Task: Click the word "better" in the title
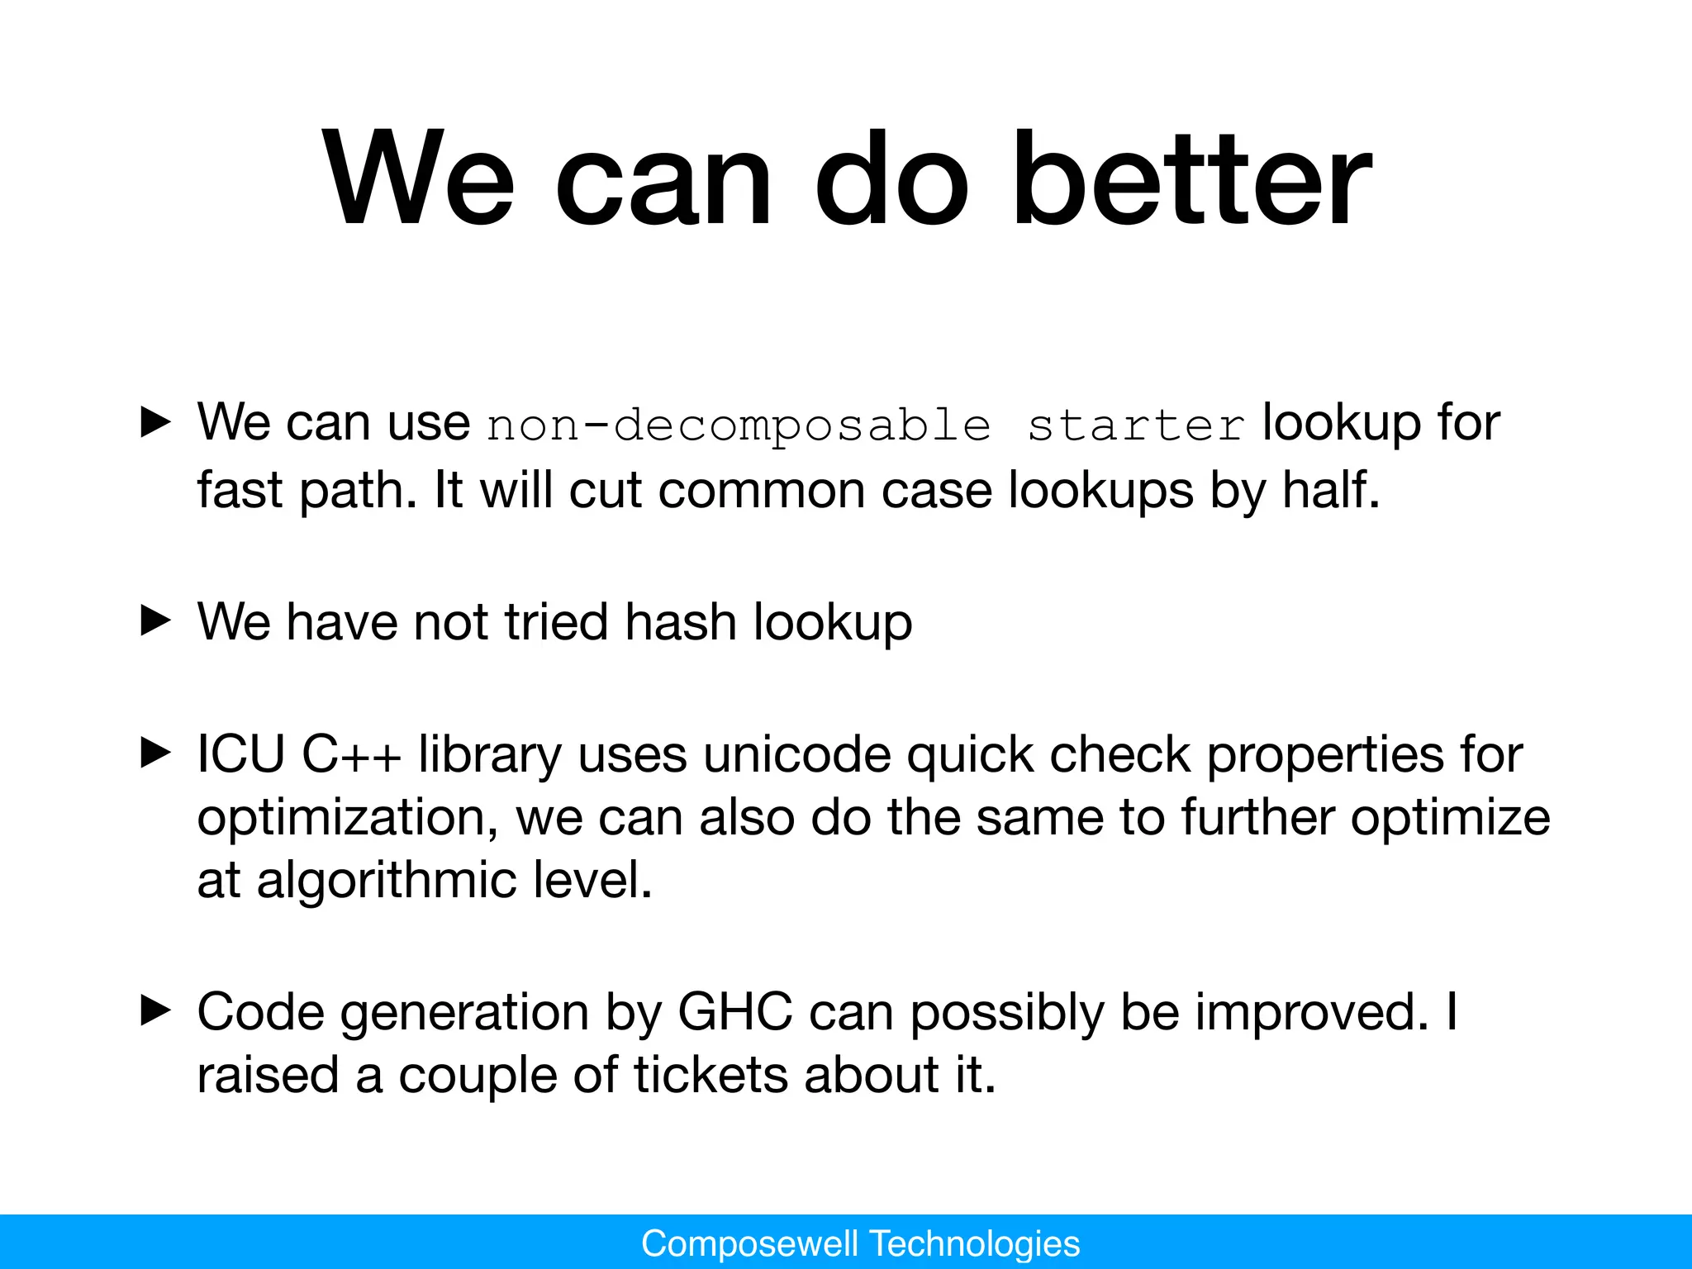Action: coord(1191,180)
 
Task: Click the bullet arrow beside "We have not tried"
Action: coord(155,620)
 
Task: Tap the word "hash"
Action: coord(681,621)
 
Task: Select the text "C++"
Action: coord(352,754)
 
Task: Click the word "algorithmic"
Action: coord(386,881)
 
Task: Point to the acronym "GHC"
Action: coord(734,1011)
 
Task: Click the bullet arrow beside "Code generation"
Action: coord(155,1010)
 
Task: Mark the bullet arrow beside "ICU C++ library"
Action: coord(155,753)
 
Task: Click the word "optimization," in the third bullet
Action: coord(347,818)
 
